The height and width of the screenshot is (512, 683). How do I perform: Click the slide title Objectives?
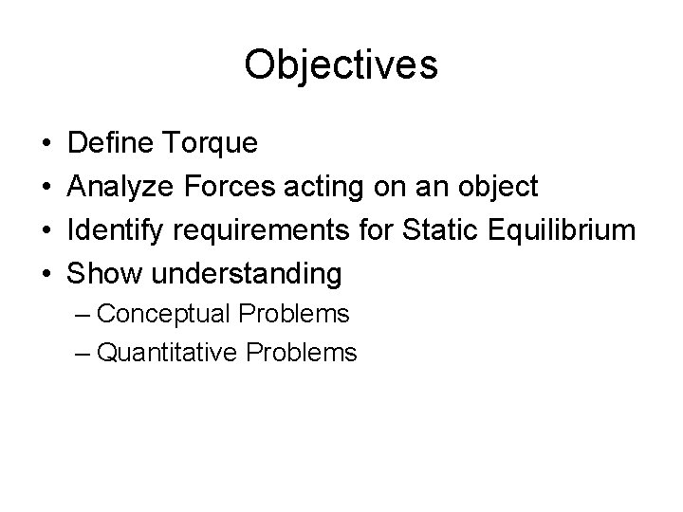tap(341, 65)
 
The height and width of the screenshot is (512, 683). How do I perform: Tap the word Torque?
tap(213, 145)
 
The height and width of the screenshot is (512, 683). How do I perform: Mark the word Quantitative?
tap(168, 355)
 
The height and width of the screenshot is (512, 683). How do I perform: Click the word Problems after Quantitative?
tap(302, 354)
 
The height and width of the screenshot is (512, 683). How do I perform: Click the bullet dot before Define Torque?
tap(46, 145)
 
